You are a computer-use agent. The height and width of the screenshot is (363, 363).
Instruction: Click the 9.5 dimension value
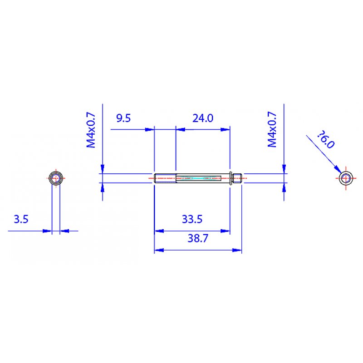click(123, 118)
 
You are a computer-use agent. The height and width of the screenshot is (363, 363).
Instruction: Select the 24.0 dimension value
click(203, 118)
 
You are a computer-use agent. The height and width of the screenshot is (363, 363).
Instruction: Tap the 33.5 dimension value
click(192, 220)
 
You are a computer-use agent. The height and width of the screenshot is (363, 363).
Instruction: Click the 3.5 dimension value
click(21, 220)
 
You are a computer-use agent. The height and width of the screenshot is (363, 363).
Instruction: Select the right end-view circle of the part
click(347, 178)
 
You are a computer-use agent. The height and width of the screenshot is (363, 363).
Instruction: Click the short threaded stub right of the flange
click(238, 178)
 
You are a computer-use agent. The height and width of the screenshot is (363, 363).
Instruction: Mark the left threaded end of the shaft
click(164, 178)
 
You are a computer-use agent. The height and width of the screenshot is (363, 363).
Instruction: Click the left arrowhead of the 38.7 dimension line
click(158, 250)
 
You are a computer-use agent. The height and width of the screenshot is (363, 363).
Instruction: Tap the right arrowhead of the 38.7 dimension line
click(237, 250)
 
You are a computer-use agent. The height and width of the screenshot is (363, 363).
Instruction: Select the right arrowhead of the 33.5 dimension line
click(226, 231)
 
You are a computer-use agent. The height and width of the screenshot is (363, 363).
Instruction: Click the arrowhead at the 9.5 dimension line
click(149, 129)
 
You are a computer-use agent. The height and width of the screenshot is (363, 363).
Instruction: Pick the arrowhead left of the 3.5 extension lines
click(47, 231)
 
